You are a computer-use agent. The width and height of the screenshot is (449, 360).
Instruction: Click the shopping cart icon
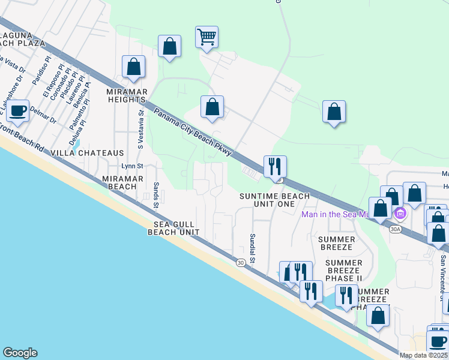point(206,37)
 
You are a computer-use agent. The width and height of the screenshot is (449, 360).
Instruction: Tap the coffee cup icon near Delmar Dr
point(18,110)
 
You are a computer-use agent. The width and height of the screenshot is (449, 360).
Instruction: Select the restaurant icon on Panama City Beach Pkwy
point(275,166)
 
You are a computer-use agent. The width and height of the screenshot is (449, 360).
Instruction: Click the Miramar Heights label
point(127,95)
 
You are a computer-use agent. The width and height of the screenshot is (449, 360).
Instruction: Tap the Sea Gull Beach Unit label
point(173,227)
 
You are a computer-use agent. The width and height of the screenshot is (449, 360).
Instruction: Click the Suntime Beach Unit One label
point(275,200)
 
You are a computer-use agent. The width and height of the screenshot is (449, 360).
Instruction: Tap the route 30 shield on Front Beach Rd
point(240,262)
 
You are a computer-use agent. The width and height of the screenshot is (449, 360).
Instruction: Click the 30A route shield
point(395,229)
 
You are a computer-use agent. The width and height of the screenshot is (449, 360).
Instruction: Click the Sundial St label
point(253,248)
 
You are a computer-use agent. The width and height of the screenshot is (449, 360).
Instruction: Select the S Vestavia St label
point(141,128)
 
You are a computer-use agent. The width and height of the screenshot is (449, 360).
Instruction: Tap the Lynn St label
point(132,166)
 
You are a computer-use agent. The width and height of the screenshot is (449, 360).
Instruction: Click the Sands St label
point(155,196)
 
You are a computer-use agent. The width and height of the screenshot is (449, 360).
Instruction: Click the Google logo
point(20,353)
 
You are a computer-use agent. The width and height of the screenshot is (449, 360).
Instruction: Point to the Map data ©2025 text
point(424,355)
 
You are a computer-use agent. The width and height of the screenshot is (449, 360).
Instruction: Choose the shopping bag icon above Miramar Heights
point(133,67)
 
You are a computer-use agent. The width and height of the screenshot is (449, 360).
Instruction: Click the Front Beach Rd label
point(24,139)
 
